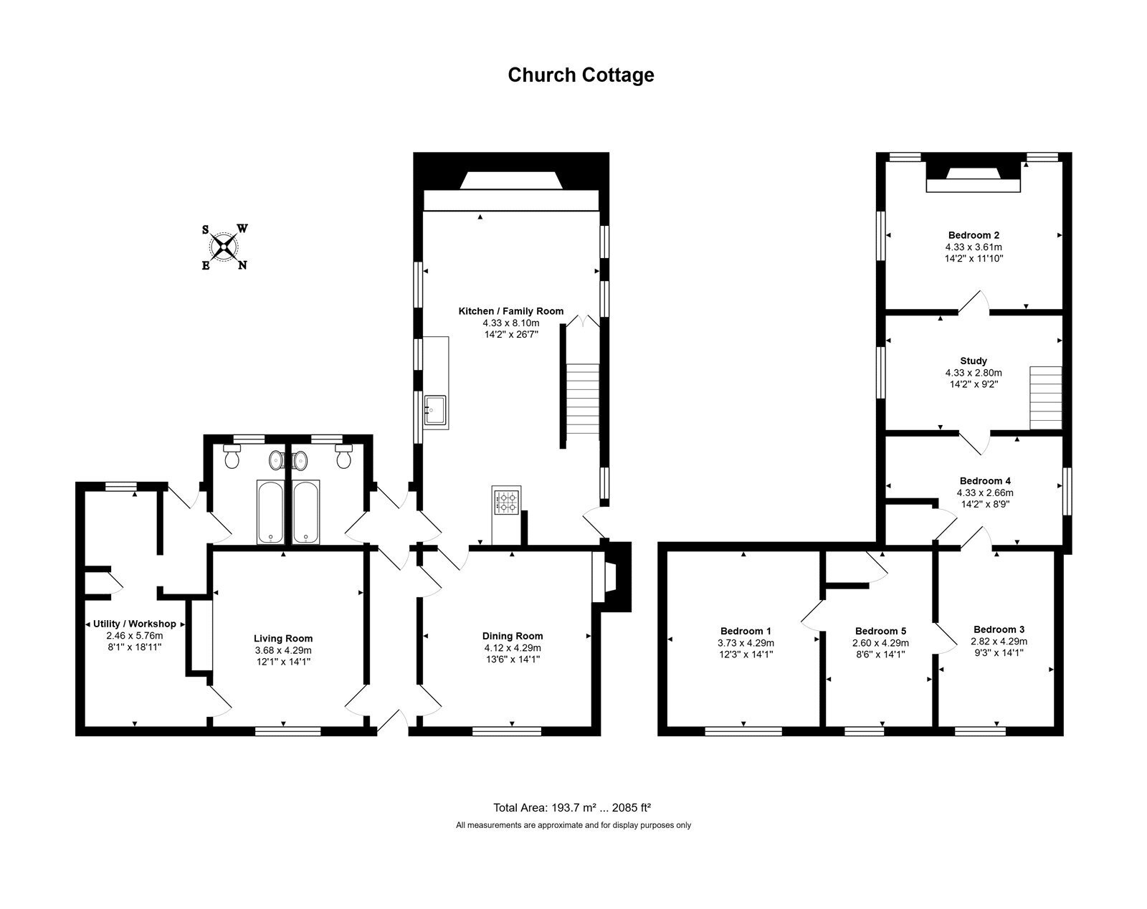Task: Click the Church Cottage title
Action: click(x=581, y=75)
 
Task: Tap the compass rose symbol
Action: click(x=224, y=247)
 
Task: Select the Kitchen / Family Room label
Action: click(x=510, y=311)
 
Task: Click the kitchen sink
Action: click(x=435, y=411)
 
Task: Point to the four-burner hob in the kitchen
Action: click(x=506, y=501)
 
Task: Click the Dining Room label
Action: click(x=512, y=636)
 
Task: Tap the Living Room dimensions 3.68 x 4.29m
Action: click(x=283, y=650)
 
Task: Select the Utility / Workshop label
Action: click(x=134, y=624)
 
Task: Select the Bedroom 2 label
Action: click(x=974, y=235)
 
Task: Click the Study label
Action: click(x=974, y=361)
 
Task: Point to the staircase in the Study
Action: click(x=1045, y=398)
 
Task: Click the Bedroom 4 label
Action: click(x=985, y=481)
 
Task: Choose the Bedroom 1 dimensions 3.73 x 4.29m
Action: click(x=746, y=643)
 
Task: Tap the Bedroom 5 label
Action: click(x=880, y=632)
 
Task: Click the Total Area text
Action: click(x=572, y=808)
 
